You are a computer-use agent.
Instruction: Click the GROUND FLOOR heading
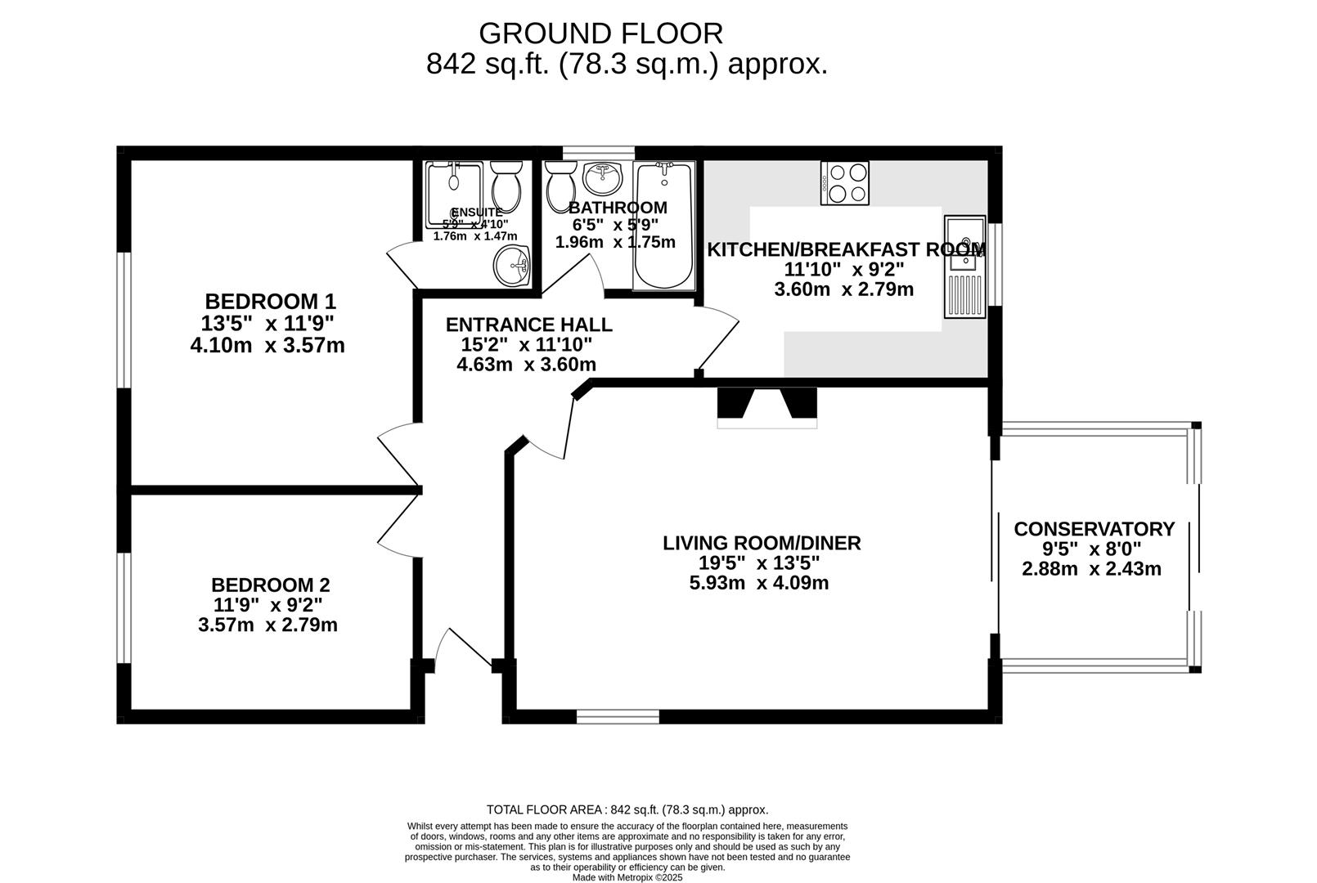pyautogui.click(x=600, y=34)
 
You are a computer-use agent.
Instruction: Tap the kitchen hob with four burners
pyautogui.click(x=845, y=183)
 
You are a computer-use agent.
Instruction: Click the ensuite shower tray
pyautogui.click(x=454, y=195)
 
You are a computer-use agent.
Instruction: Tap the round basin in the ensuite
pyautogui.click(x=513, y=266)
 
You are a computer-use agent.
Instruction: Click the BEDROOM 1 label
pyautogui.click(x=270, y=301)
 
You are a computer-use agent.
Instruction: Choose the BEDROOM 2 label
pyautogui.click(x=270, y=585)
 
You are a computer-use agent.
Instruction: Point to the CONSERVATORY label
pyautogui.click(x=1094, y=529)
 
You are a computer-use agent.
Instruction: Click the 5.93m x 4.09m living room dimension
pyautogui.click(x=759, y=583)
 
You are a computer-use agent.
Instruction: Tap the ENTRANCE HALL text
pyautogui.click(x=528, y=325)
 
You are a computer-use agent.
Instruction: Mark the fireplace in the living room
pyautogui.click(x=766, y=407)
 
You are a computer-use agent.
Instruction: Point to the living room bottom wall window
pyautogui.click(x=618, y=717)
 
